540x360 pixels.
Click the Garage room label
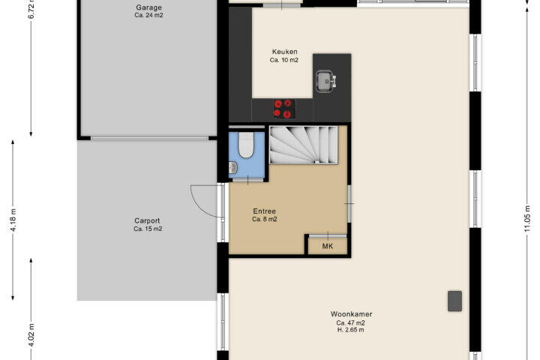pyautogui.click(x=148, y=7)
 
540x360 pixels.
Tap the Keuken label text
pyautogui.click(x=284, y=52)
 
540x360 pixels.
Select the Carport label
pyautogui.click(x=147, y=220)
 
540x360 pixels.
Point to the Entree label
pyautogui.click(x=264, y=211)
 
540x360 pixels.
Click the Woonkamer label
pyautogui.click(x=351, y=313)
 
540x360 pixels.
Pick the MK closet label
pyautogui.click(x=328, y=246)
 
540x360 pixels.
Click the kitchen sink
pyautogui.click(x=325, y=81)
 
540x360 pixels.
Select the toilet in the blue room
pyautogui.click(x=246, y=145)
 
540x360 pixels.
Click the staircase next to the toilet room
pyautogui.click(x=303, y=145)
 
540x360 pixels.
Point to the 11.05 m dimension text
pyautogui.click(x=527, y=218)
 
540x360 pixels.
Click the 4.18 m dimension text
pyautogui.click(x=13, y=220)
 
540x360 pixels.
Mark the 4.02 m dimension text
pyautogui.click(x=31, y=335)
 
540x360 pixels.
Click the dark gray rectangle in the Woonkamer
pyautogui.click(x=454, y=301)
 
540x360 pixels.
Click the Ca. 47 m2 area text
pyautogui.click(x=350, y=322)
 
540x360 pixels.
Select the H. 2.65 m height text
pyautogui.click(x=350, y=330)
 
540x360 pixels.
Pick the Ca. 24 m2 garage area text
pyautogui.click(x=148, y=15)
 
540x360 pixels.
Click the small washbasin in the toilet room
pyautogui.click(x=233, y=168)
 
